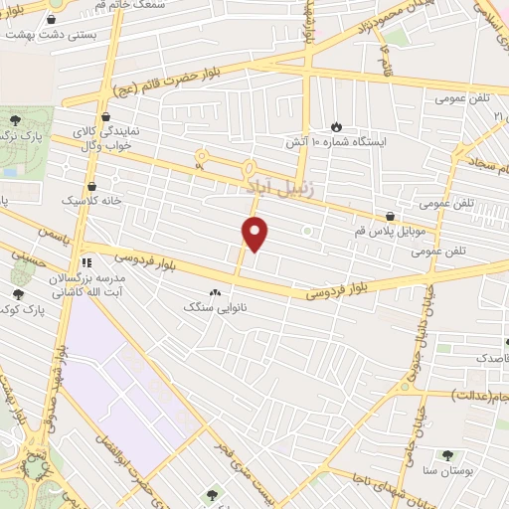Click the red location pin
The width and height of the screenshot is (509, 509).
pos(255,234)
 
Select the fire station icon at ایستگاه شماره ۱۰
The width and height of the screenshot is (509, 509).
pos(335,126)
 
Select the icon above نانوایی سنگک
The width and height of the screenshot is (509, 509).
pos(216,292)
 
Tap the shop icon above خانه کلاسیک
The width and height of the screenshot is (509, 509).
pos(91,184)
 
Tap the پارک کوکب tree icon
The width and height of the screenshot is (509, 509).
pos(18,293)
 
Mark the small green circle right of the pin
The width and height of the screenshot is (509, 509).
pos(308,232)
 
